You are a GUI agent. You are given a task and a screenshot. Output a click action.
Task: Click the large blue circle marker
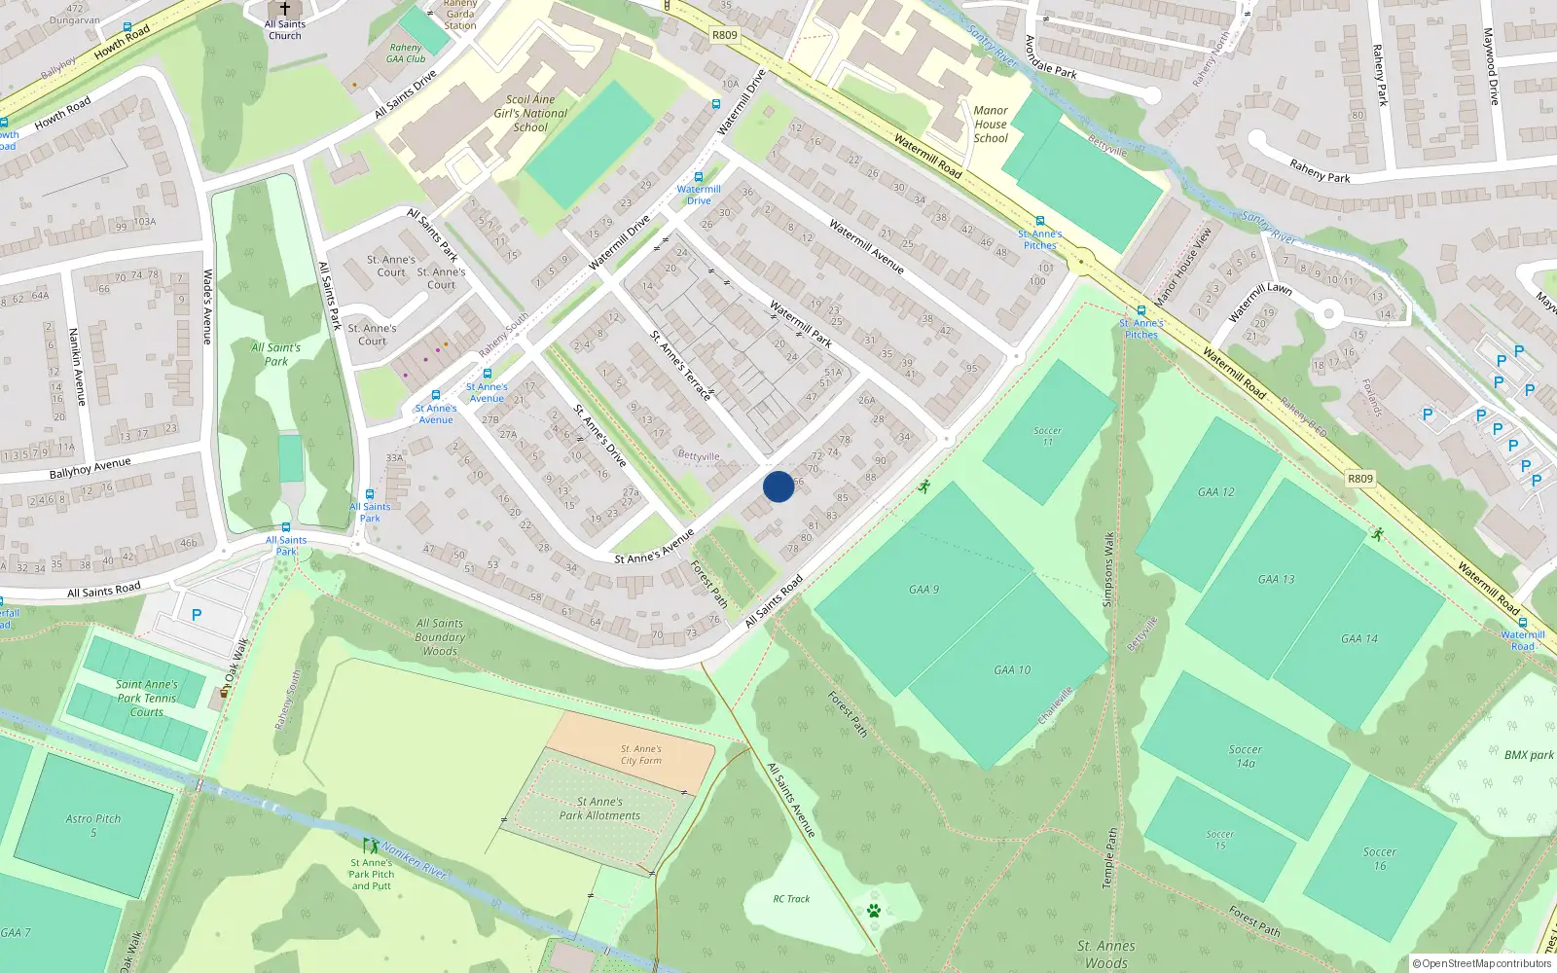[778, 486]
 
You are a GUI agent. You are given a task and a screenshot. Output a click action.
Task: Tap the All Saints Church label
[285, 30]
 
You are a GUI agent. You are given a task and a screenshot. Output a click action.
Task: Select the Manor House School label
[991, 125]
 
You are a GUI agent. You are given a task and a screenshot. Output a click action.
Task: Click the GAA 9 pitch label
[923, 589]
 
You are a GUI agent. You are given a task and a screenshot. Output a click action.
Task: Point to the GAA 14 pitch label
[1358, 638]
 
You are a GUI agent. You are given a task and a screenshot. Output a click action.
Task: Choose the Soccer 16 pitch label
[1380, 858]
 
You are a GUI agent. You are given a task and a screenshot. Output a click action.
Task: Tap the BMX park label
[1528, 755]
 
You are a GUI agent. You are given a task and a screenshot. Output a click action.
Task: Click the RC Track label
[791, 899]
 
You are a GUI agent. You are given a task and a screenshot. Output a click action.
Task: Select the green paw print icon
[874, 911]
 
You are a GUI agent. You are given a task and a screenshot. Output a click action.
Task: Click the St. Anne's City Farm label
[641, 755]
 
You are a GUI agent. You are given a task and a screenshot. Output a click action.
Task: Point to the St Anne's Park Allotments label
[599, 809]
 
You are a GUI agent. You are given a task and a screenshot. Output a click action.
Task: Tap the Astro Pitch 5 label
[93, 825]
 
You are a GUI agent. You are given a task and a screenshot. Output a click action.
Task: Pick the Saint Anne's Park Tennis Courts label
[147, 698]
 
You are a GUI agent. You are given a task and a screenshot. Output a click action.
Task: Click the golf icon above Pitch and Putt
[370, 847]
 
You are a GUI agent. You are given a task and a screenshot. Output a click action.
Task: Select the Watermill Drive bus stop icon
[698, 177]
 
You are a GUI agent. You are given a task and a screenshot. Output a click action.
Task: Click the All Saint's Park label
[276, 354]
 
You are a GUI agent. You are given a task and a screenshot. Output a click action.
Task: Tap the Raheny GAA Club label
[406, 54]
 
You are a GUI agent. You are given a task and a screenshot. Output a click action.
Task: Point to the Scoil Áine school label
[530, 113]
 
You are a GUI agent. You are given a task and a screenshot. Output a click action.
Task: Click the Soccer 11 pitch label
[1047, 436]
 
